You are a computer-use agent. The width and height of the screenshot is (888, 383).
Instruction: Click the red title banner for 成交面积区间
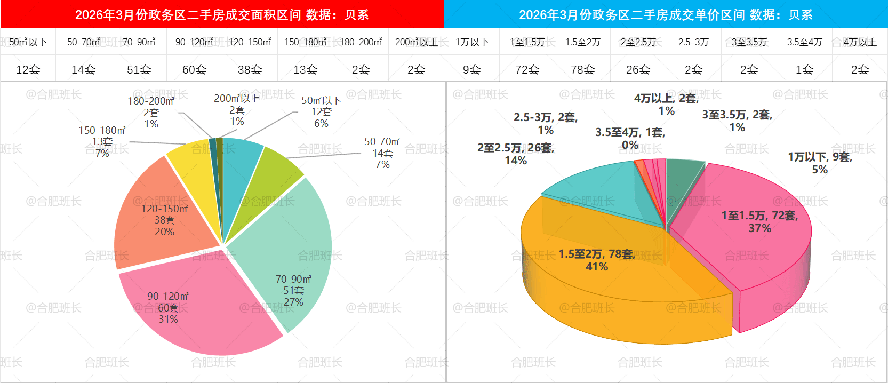[222, 14]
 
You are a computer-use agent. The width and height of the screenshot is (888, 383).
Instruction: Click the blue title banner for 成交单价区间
[666, 14]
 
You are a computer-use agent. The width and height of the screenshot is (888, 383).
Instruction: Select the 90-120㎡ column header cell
[194, 42]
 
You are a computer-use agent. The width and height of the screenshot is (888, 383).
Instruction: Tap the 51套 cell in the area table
[139, 69]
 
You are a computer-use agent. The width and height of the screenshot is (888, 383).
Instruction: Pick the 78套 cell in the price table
[582, 69]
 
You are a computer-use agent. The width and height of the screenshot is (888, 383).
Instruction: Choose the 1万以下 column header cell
[472, 42]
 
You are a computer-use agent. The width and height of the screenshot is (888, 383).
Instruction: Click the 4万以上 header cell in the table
[860, 42]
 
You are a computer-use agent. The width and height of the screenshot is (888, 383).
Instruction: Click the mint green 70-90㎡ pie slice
[288, 245]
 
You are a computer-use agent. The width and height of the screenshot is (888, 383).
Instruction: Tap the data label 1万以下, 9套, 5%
[820, 163]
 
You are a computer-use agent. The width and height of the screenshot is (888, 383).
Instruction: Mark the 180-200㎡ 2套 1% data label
[151, 112]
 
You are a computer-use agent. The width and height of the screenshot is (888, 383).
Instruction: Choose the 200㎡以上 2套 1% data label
[237, 110]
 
